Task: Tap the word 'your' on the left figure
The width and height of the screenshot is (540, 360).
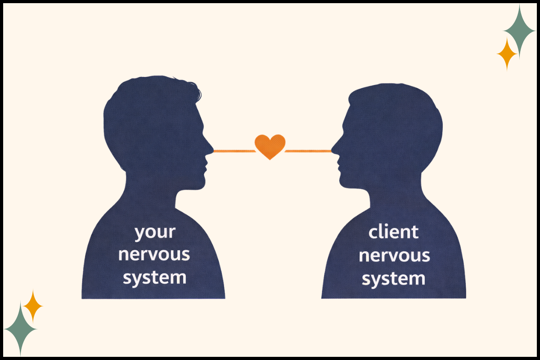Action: click(x=155, y=233)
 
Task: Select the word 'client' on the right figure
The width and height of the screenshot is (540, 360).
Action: click(x=393, y=232)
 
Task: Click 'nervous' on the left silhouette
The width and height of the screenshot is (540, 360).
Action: click(x=154, y=254)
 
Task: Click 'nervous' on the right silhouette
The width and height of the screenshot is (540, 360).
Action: click(x=394, y=256)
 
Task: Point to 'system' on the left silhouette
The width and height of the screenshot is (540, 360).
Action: click(x=154, y=277)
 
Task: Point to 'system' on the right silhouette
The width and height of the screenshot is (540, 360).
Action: click(x=394, y=279)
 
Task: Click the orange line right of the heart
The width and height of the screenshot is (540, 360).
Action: click(x=308, y=151)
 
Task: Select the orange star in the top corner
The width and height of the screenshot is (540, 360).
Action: click(x=507, y=54)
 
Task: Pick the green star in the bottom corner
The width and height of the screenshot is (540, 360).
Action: click(x=20, y=328)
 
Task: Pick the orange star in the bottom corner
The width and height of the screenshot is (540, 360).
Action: click(x=32, y=306)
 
